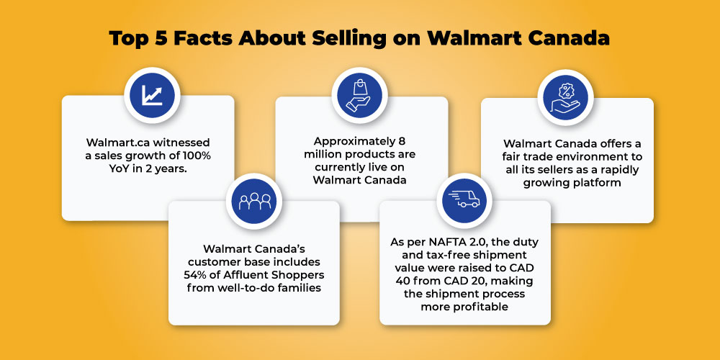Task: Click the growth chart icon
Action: tap(152, 95)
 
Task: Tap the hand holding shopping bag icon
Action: tap(359, 96)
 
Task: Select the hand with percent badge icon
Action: tap(565, 97)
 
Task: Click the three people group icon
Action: tap(254, 201)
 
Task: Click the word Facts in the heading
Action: tap(204, 39)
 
